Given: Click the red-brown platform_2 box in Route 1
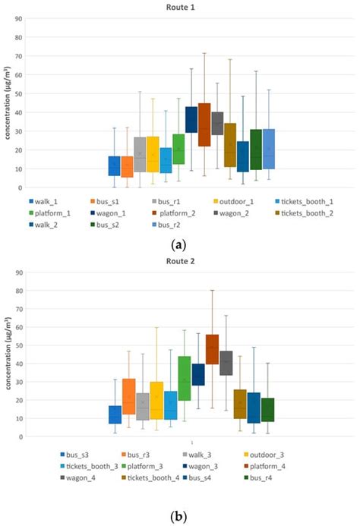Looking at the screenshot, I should (204, 124).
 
